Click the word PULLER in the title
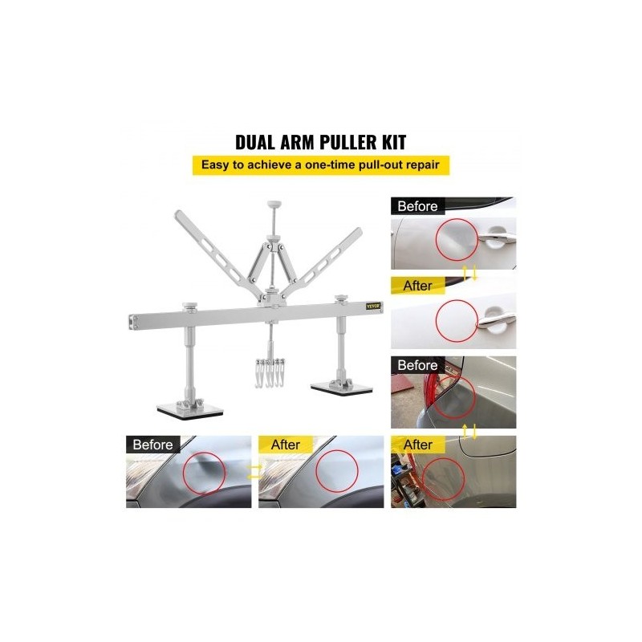click(x=347, y=142)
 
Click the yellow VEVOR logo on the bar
click(x=373, y=306)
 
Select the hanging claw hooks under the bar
click(x=270, y=372)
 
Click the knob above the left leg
click(x=189, y=306)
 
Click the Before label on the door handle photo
click(x=417, y=206)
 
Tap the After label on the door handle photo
click(x=417, y=286)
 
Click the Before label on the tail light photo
click(x=417, y=365)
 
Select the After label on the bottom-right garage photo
click(x=417, y=445)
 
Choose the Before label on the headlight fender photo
click(x=152, y=445)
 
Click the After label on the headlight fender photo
click(x=286, y=445)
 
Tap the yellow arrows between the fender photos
click(x=254, y=472)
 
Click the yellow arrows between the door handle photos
click(x=469, y=273)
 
